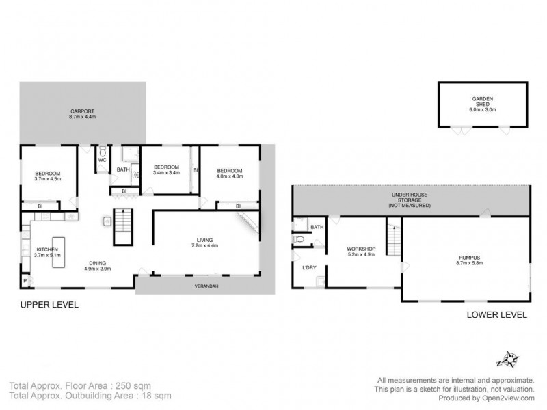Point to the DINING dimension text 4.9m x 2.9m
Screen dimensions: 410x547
[x=97, y=268]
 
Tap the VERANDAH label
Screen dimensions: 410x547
[x=206, y=286]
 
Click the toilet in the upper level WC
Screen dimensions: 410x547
[x=103, y=152]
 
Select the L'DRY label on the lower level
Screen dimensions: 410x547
[x=308, y=267]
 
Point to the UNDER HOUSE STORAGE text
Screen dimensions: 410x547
[x=410, y=199]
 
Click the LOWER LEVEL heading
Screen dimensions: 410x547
[x=496, y=315]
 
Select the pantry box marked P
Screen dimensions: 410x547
[x=25, y=281]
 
